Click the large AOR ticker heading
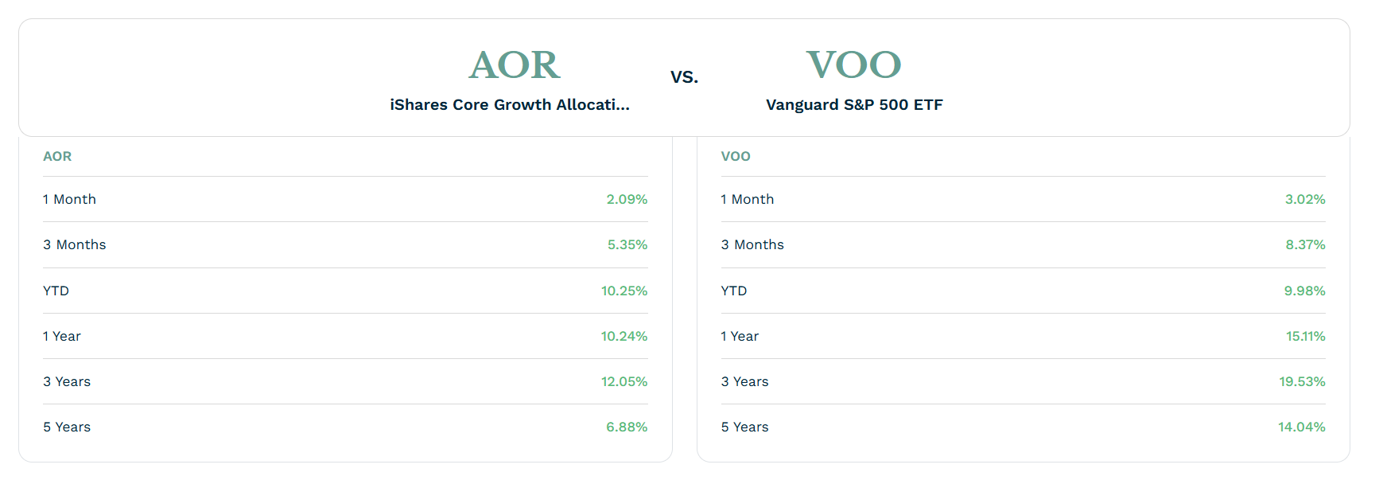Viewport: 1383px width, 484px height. (x=515, y=64)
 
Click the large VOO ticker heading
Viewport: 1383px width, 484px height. (x=853, y=64)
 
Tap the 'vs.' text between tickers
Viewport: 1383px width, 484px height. (x=684, y=77)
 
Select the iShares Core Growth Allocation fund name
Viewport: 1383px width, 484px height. (x=510, y=104)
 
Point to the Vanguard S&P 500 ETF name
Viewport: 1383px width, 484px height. (x=854, y=104)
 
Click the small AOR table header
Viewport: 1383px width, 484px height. (x=57, y=156)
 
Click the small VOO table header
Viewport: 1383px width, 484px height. (x=736, y=156)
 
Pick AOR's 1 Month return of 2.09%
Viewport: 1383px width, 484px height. (x=627, y=199)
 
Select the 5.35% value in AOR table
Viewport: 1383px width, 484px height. (x=627, y=244)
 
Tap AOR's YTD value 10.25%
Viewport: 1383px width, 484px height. (x=624, y=291)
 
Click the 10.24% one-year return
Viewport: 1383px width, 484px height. (x=624, y=336)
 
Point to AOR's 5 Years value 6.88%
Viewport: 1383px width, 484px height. (x=627, y=427)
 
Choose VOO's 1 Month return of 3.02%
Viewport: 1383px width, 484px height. (x=1305, y=199)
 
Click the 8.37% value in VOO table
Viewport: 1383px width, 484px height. (x=1306, y=244)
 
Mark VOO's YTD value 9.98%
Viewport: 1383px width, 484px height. (x=1305, y=291)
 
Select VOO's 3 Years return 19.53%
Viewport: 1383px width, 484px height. (x=1303, y=381)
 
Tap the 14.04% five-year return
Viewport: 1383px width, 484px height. (x=1302, y=427)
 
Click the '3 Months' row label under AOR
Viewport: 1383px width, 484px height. (x=75, y=244)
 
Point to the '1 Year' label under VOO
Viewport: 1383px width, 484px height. (x=740, y=336)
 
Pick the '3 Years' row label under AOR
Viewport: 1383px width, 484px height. (x=67, y=381)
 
